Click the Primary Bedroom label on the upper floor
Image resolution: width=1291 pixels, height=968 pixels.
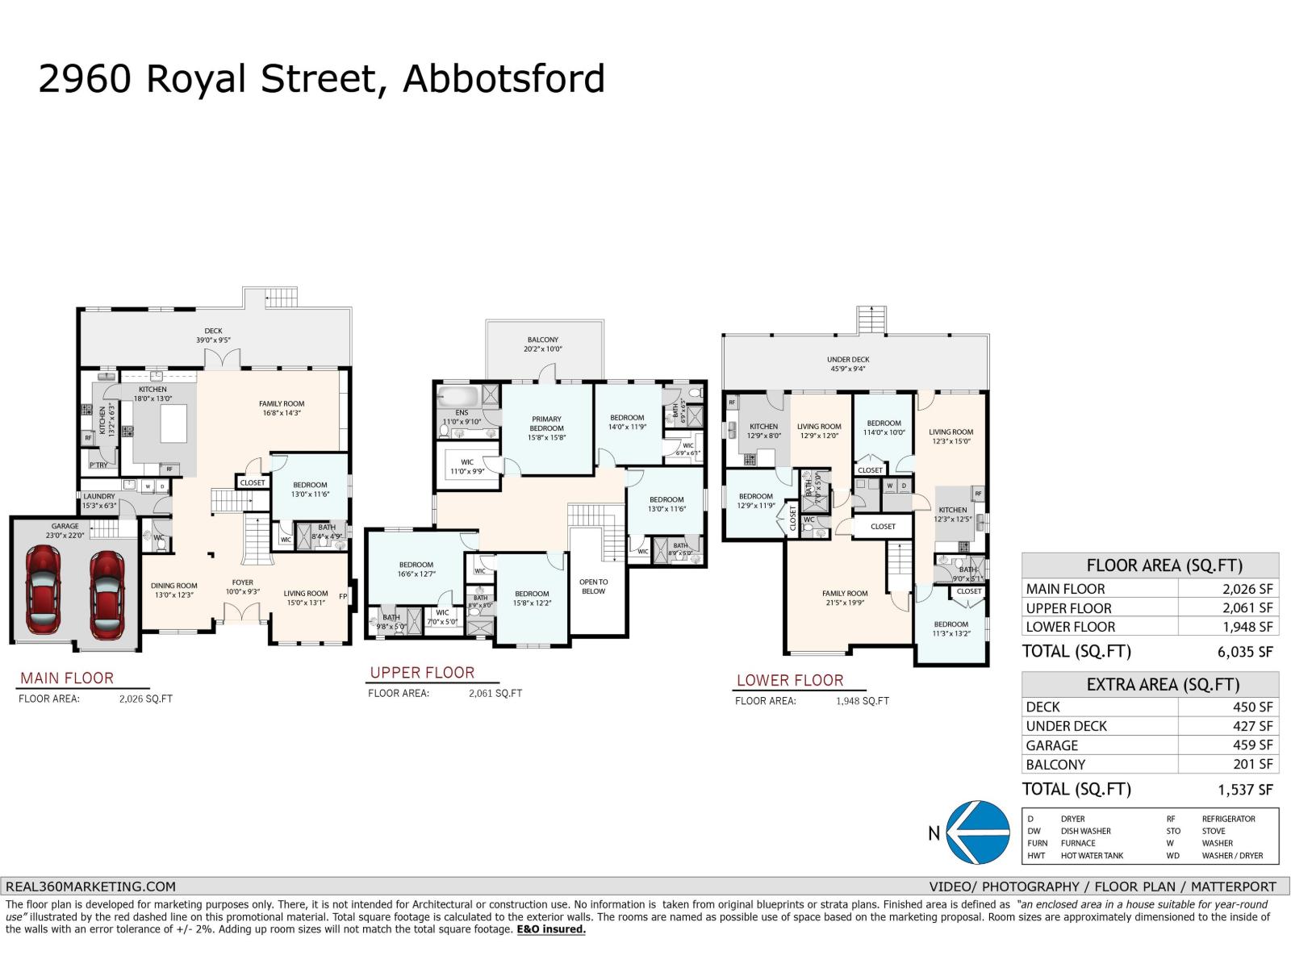(546, 423)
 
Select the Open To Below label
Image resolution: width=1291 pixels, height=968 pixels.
(593, 586)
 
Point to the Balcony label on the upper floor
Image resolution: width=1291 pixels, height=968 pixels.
(543, 340)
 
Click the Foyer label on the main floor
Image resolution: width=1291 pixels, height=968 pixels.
(242, 582)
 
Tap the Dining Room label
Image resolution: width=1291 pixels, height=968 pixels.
(173, 586)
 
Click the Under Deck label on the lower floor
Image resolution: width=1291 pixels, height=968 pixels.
(848, 360)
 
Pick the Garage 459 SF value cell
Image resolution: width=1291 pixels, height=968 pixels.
(1247, 745)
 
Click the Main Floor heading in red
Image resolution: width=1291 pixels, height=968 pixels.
(67, 678)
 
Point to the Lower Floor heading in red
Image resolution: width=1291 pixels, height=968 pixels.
(789, 680)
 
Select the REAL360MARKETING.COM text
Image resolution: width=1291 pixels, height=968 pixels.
(90, 886)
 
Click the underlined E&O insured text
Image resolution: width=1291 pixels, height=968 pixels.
(551, 929)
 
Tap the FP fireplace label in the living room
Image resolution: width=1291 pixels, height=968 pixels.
(343, 597)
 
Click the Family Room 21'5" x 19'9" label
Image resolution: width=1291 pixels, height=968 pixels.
(845, 598)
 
